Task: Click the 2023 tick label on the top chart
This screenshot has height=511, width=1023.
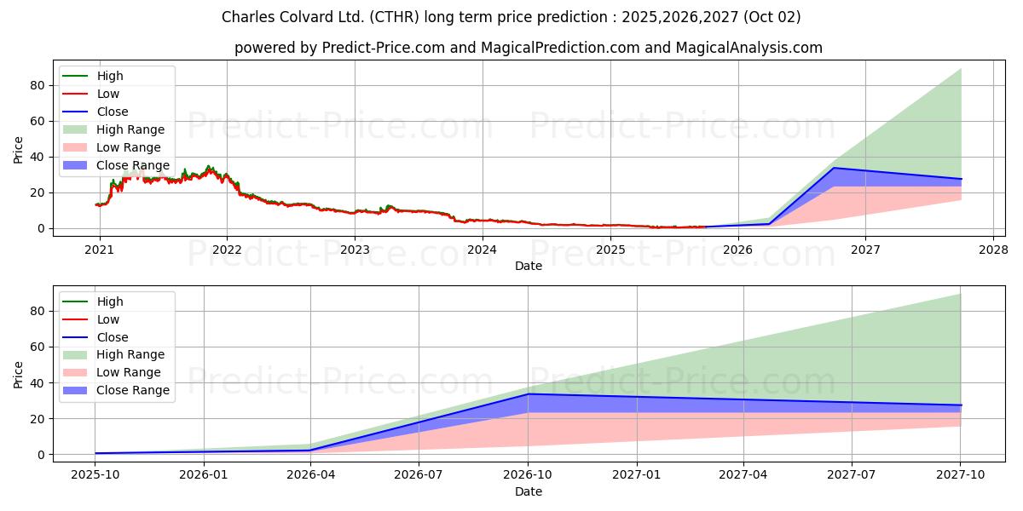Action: click(355, 250)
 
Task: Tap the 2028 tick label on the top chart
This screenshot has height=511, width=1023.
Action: click(993, 250)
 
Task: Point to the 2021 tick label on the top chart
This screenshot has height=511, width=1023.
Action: click(100, 250)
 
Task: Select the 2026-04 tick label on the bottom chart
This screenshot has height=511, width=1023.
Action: click(310, 475)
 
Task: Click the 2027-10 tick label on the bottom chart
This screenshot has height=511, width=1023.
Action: click(961, 475)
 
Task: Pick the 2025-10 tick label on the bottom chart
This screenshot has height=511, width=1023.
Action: click(95, 475)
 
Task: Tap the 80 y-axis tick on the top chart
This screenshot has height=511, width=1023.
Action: click(37, 85)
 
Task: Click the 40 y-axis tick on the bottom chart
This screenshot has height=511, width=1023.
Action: click(37, 382)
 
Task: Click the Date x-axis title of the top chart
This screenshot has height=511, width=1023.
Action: click(529, 266)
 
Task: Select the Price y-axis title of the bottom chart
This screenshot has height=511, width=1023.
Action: click(19, 374)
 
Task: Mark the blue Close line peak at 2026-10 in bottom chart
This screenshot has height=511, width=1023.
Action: click(528, 393)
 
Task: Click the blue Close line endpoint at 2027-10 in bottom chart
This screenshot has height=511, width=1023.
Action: click(961, 405)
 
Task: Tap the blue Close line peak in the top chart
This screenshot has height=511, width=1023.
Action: click(834, 168)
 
